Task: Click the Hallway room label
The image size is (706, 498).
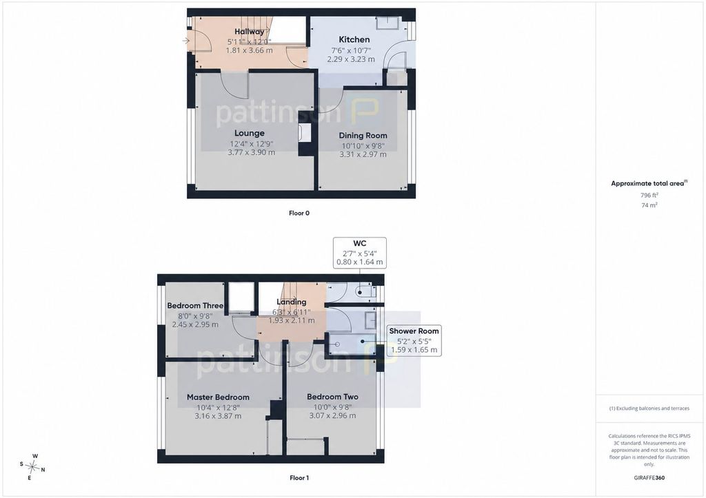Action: pos(249,32)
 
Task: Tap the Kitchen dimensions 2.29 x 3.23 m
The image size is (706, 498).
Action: pos(351,59)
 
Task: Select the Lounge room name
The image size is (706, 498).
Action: pos(250,133)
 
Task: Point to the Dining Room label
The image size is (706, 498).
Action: pos(363,136)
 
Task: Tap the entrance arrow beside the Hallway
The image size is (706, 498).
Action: pos(186,41)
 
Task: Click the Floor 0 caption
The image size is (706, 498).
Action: pos(299,214)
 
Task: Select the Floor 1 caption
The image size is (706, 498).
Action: pos(299,478)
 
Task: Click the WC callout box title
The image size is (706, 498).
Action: pos(360,243)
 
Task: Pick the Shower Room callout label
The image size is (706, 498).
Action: pos(414,331)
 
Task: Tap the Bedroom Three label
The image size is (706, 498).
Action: pos(195,305)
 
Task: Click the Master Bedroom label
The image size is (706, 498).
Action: pos(218,397)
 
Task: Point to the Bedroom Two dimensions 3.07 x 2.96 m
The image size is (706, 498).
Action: pos(332,415)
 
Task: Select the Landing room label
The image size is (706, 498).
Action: pos(292,302)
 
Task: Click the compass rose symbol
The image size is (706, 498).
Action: pos(32,467)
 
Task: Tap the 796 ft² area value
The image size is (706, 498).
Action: pos(649,195)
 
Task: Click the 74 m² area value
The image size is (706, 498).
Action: pos(649,205)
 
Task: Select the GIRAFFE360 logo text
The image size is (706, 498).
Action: pos(649,478)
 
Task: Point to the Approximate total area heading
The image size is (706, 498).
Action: pos(649,183)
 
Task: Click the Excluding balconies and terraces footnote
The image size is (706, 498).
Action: pos(649,408)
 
